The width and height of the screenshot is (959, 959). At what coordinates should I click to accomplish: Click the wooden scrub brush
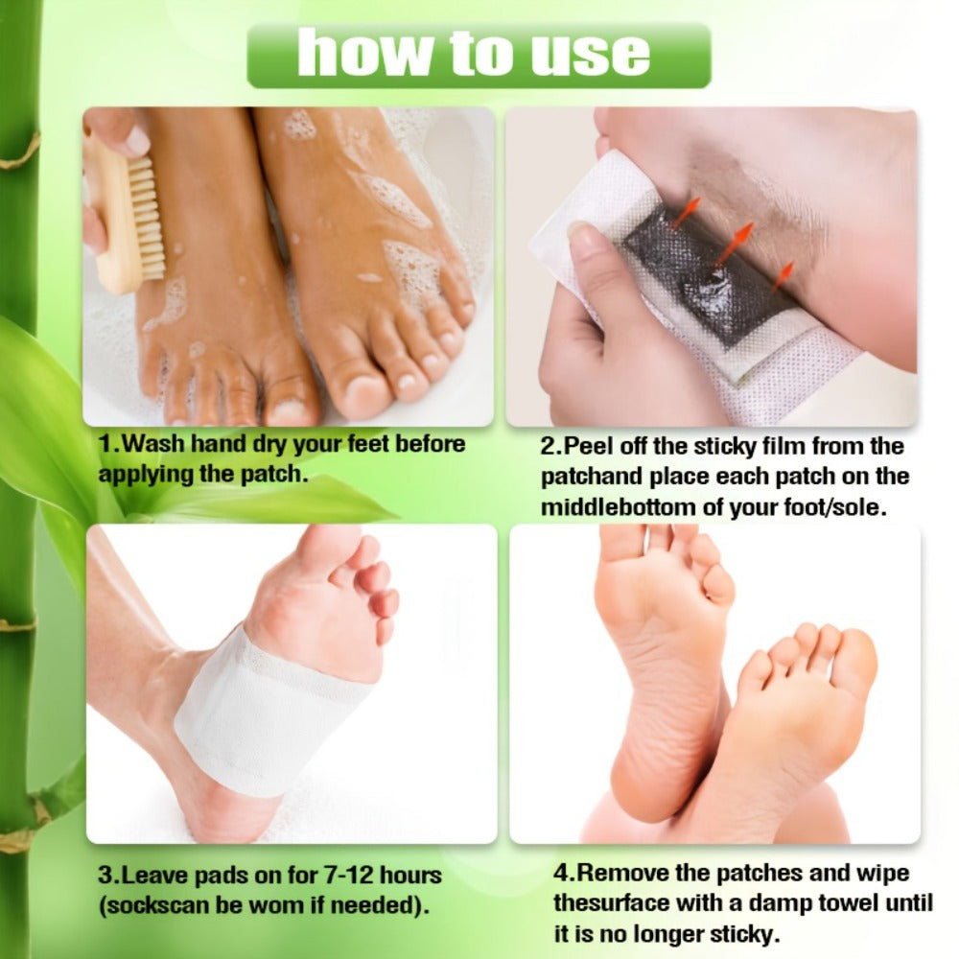pyautogui.click(x=128, y=211)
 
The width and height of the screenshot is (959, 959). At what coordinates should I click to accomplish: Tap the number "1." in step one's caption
pyautogui.click(x=110, y=444)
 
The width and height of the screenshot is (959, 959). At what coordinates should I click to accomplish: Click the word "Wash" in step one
pyautogui.click(x=152, y=444)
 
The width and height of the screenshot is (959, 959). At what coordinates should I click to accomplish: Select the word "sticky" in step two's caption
pyautogui.click(x=727, y=447)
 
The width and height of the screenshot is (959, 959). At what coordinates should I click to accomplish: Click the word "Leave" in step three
pyautogui.click(x=153, y=876)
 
